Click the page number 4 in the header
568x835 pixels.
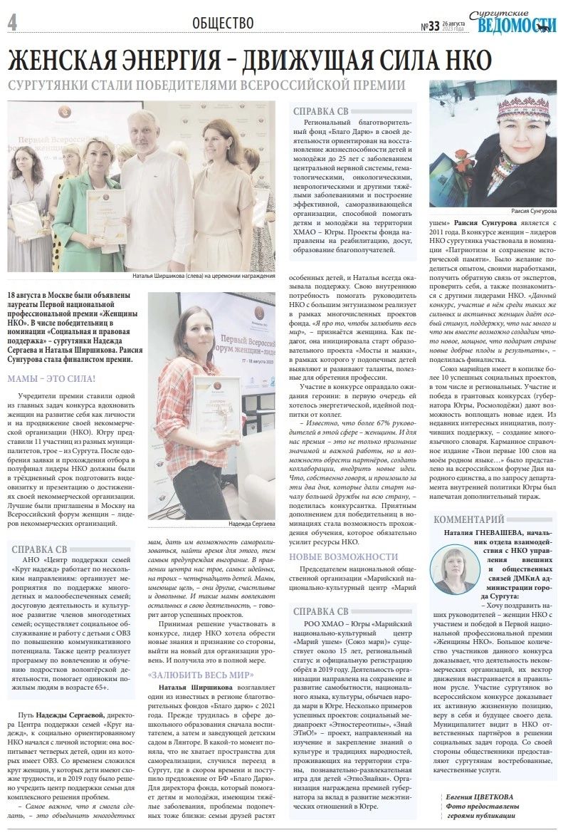click(x=12, y=23)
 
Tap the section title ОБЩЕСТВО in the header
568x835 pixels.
click(x=223, y=23)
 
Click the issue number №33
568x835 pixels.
click(x=430, y=26)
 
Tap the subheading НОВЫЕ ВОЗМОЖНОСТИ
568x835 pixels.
click(x=338, y=556)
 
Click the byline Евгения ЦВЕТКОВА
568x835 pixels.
click(x=483, y=796)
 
